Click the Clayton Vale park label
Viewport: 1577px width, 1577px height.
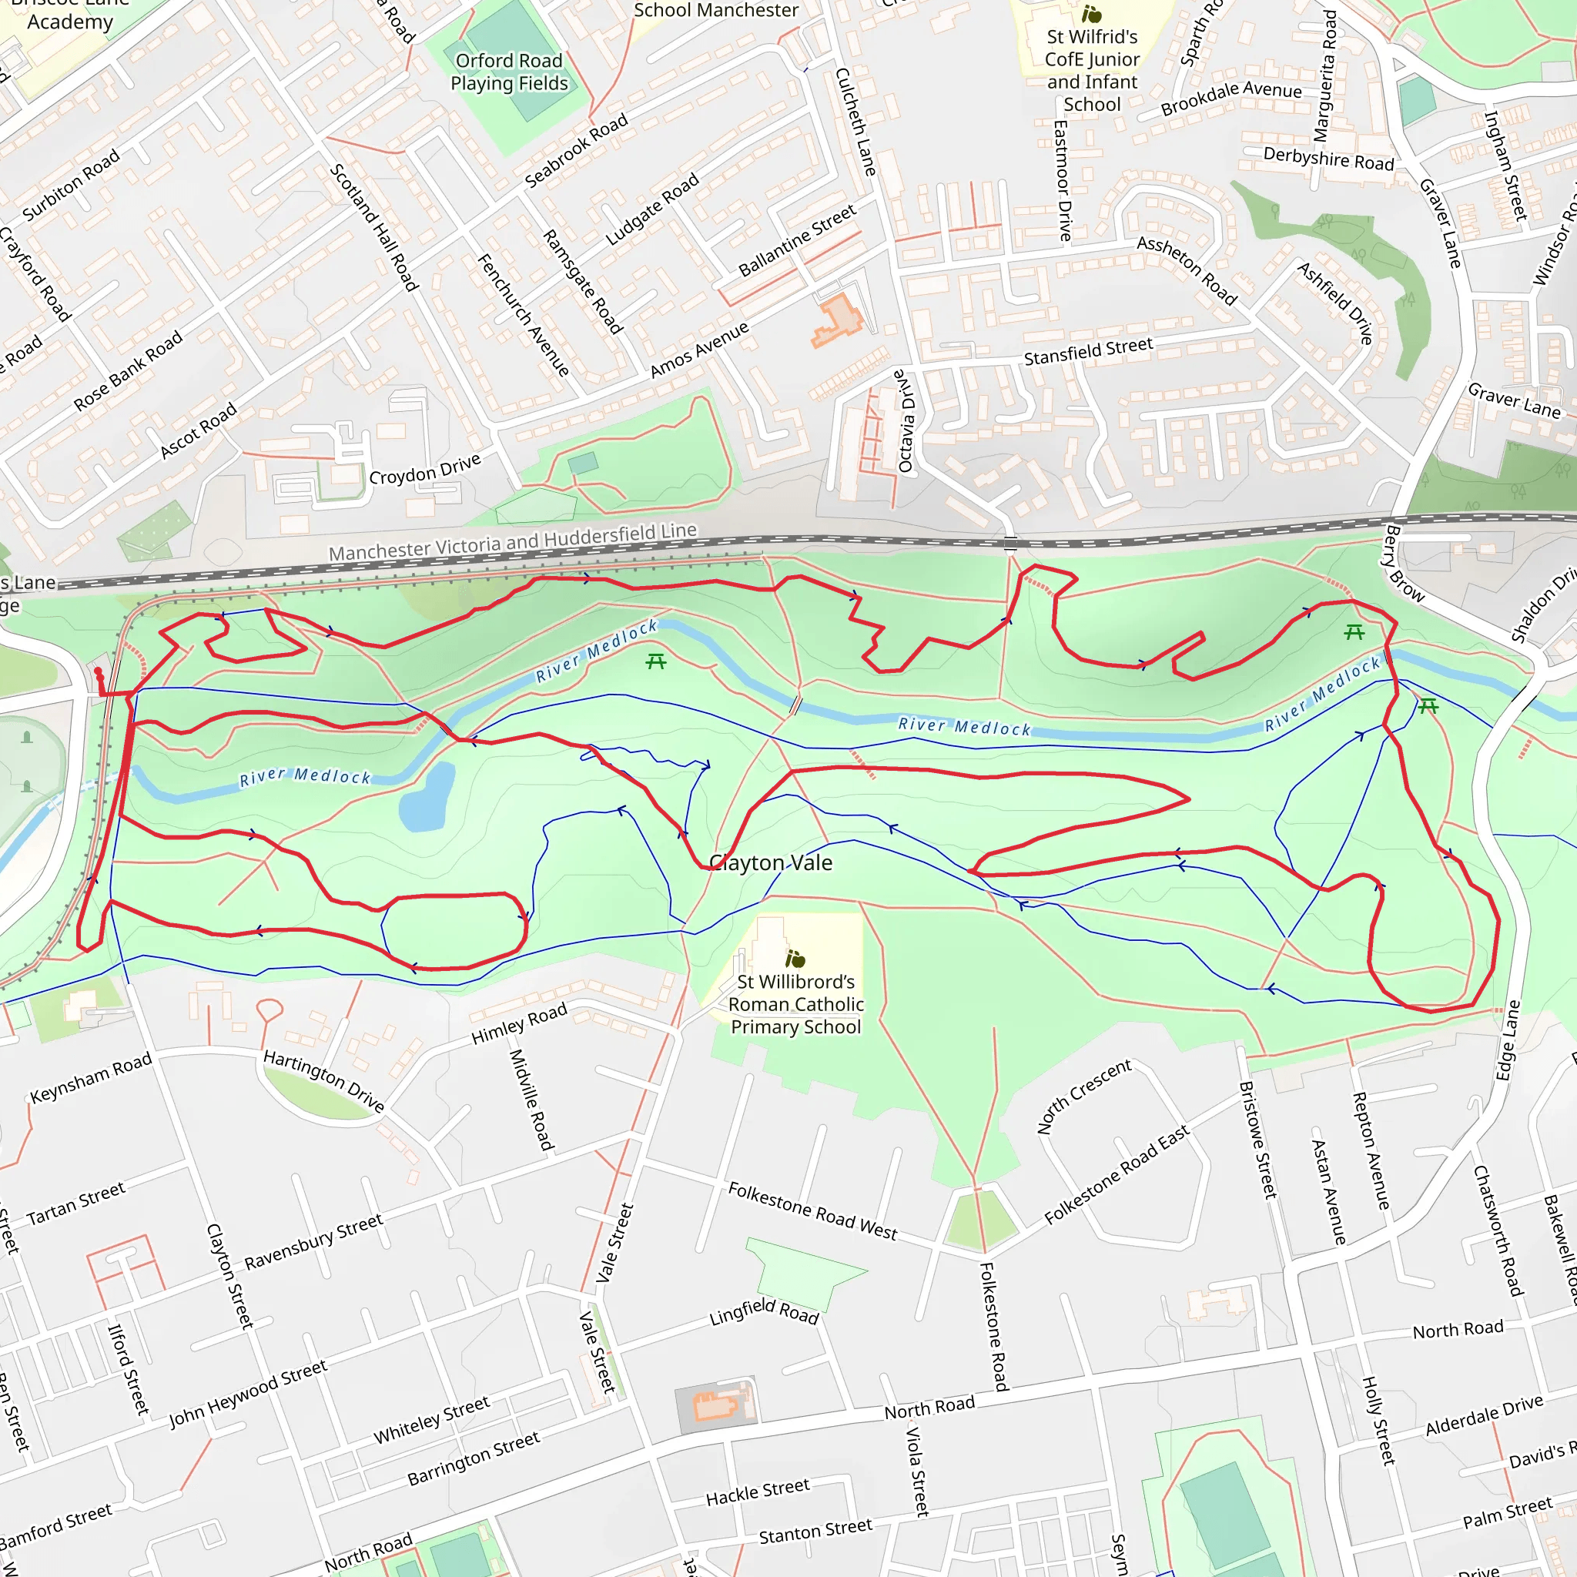tap(771, 862)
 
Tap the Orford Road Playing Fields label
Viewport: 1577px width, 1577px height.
tap(508, 72)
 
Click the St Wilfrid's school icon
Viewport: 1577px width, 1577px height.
tap(1091, 14)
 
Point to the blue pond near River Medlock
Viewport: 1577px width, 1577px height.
tap(427, 798)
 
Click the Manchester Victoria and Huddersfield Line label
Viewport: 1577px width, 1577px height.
tap(513, 542)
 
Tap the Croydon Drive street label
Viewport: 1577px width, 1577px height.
tap(424, 470)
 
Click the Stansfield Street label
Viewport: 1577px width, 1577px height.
tap(1088, 351)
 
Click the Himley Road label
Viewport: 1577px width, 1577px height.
tap(519, 1023)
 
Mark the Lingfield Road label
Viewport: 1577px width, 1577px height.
tap(763, 1311)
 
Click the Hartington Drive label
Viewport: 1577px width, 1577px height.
tap(323, 1080)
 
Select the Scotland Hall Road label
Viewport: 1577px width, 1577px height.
tap(373, 227)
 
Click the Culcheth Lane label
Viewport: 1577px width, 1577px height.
tap(855, 122)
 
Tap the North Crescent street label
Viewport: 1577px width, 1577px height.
tap(1084, 1097)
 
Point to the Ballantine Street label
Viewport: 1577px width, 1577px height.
tap(797, 239)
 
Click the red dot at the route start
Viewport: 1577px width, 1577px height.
tap(98, 671)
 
